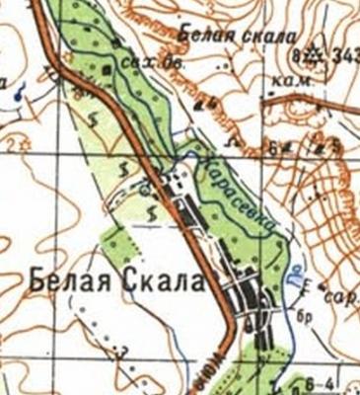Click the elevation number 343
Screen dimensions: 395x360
coord(346,56)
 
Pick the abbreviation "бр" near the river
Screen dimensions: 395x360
coord(303,316)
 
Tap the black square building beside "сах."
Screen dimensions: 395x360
coord(108,71)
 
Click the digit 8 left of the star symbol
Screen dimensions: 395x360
coord(297,55)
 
